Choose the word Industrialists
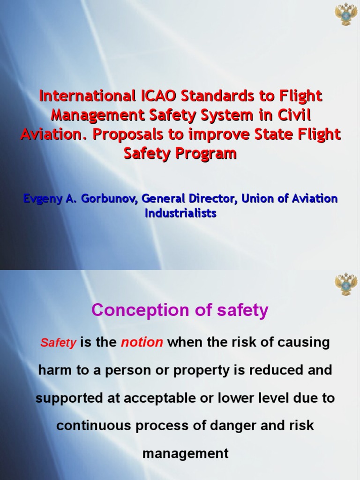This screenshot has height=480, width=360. (x=180, y=213)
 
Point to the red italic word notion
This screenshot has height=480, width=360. (x=142, y=343)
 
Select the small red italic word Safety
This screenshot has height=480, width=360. (x=58, y=343)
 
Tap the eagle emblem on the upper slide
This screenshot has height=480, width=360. (x=346, y=14)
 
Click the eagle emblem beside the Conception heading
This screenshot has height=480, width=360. (x=346, y=285)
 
